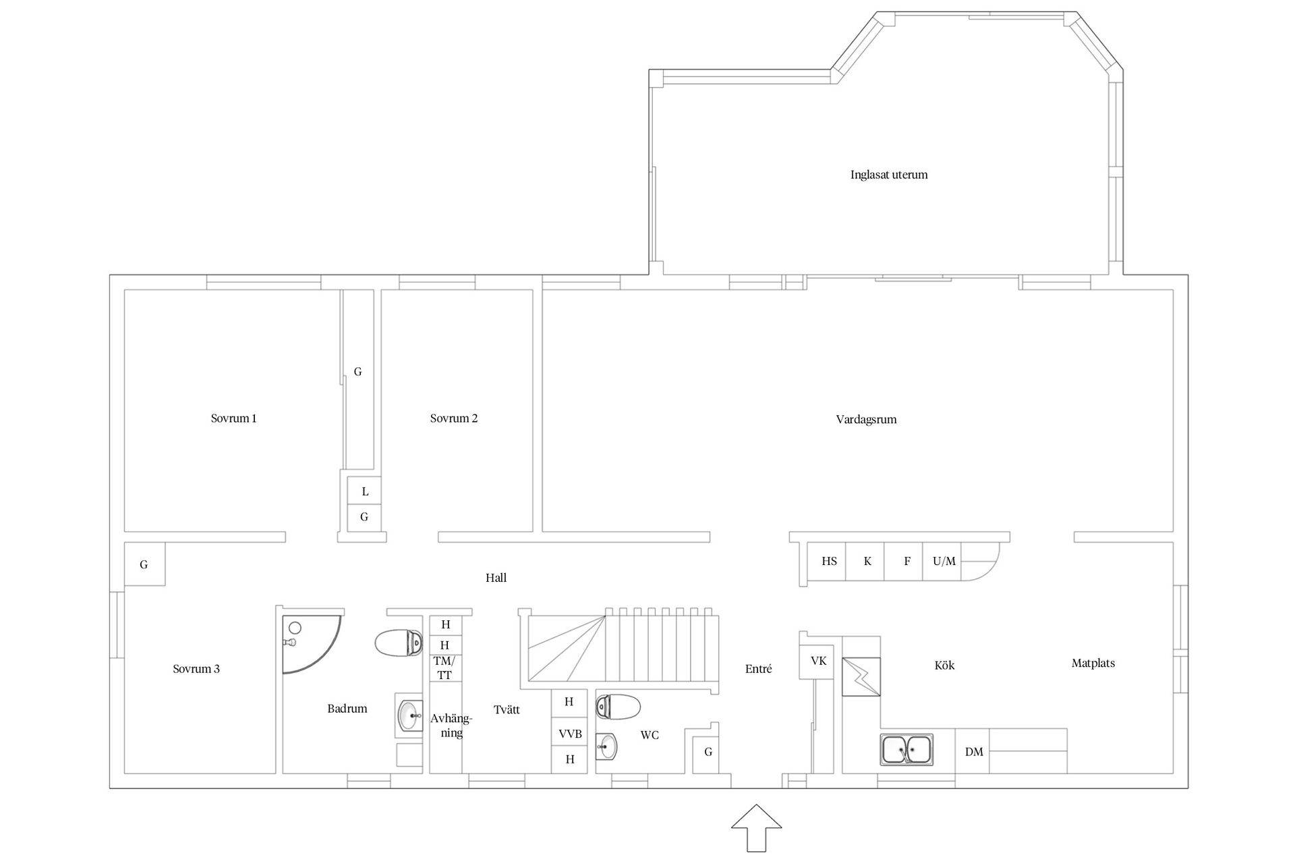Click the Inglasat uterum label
tap(889, 175)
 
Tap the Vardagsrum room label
tap(866, 420)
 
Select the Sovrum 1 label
tap(233, 418)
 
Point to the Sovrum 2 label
tap(454, 418)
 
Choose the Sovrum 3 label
tap(196, 670)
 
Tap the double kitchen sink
tap(907, 750)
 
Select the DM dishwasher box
tap(973, 751)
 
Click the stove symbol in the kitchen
tap(861, 676)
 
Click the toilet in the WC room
tap(618, 706)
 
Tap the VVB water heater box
tap(570, 734)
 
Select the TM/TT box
tap(445, 668)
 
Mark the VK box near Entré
tap(819, 661)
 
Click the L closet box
tap(364, 491)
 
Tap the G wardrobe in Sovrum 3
tap(144, 564)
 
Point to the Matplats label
tap(1093, 664)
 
